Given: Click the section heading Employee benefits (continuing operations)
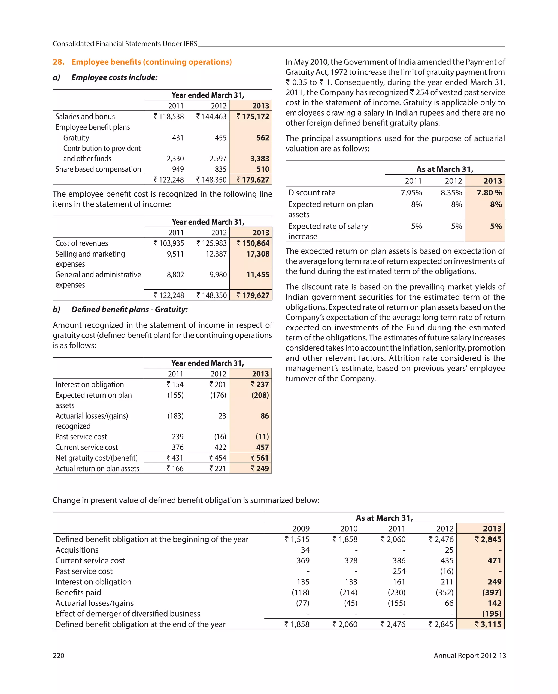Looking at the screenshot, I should click(x=151, y=62).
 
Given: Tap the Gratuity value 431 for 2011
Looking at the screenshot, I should click(x=178, y=138).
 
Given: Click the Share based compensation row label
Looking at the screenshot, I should click(x=98, y=169).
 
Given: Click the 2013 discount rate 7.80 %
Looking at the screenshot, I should click(x=489, y=193).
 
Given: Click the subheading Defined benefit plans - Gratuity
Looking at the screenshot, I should click(x=129, y=310).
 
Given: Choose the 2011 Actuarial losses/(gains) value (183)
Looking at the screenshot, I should click(x=175, y=416).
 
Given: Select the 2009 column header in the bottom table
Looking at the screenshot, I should click(x=301, y=529).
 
